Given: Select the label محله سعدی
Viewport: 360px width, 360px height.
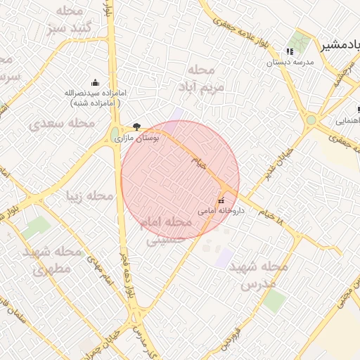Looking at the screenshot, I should pyautogui.click(x=62, y=123).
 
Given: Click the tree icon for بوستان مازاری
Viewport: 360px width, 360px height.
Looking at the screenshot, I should pyautogui.click(x=136, y=127).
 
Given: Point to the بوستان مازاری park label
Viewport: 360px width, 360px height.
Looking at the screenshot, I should pyautogui.click(x=137, y=139).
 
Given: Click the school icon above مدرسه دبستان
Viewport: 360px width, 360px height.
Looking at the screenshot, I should pyautogui.click(x=290, y=51).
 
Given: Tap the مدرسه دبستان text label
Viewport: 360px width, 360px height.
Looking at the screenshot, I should pyautogui.click(x=289, y=62).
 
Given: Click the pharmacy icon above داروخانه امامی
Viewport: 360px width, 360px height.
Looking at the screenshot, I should pyautogui.click(x=221, y=200).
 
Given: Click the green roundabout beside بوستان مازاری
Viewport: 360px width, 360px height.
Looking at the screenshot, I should pyautogui.click(x=115, y=134).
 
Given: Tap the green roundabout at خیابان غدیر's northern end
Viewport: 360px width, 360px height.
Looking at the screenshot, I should pyautogui.click(x=311, y=120).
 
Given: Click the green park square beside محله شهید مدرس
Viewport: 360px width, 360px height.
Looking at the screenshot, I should pyautogui.click(x=274, y=300).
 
